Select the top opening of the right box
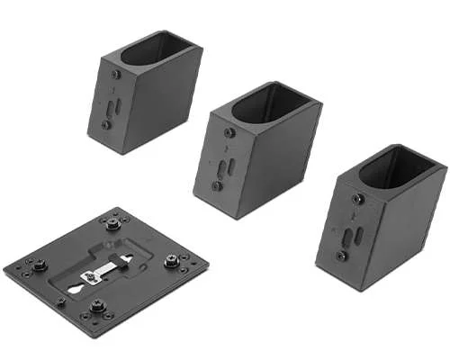(398, 167)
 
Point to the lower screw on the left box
(106, 125)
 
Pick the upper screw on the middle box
(229, 132)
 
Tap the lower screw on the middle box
(217, 186)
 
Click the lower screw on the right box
(342, 256)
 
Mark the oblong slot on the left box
(112, 106)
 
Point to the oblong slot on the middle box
(231, 168)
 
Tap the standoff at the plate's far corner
(112, 223)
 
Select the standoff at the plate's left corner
(40, 265)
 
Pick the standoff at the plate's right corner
(171, 262)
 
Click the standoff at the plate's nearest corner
(98, 307)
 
